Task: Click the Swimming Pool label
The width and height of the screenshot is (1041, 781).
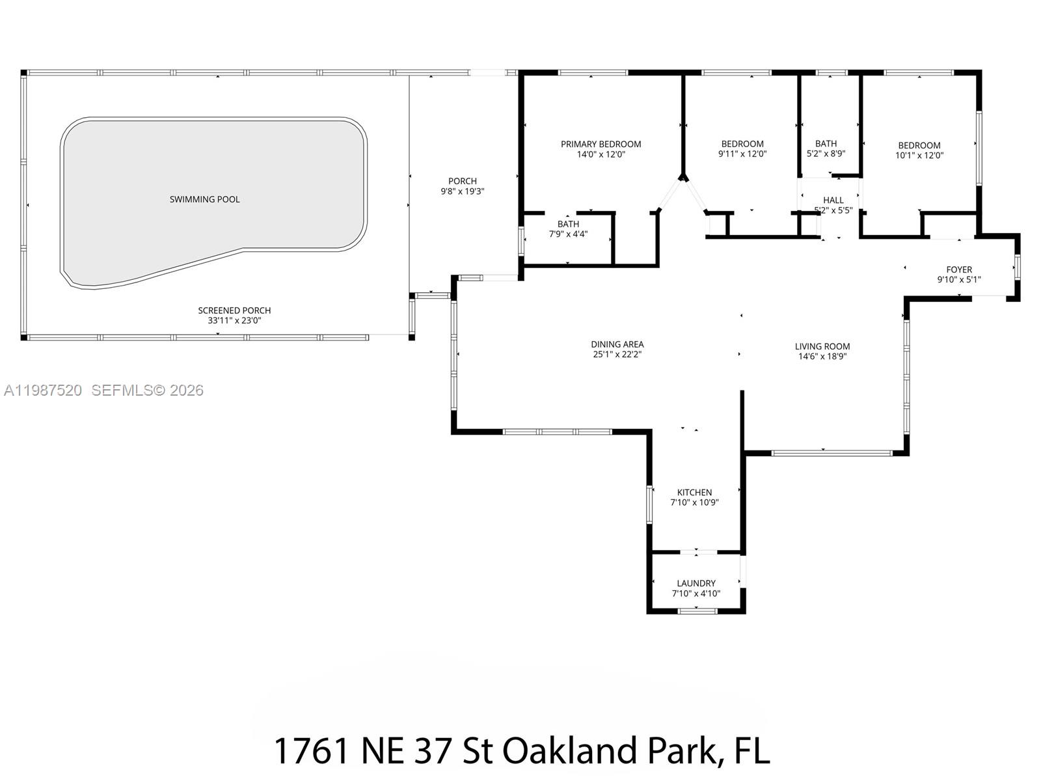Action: coord(204,199)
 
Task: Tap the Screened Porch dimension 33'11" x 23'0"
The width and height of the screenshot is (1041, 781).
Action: coord(234,321)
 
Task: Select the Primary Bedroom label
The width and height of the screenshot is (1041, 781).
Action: coord(601,144)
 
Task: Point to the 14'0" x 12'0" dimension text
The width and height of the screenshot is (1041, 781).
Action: coord(601,155)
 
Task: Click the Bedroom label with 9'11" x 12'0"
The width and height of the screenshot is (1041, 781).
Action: coord(742,144)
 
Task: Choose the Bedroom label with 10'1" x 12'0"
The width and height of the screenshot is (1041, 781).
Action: coord(919,145)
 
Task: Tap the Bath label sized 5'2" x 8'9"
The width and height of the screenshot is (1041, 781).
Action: coord(826,143)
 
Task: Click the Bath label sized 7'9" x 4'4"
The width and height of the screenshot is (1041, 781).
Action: coord(567,224)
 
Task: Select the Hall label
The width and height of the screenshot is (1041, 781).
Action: coord(833,200)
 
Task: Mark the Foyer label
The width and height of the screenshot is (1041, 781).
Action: coord(958,269)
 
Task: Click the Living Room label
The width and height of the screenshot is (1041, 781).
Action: coord(822,346)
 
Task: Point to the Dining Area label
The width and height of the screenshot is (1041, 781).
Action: coord(617,344)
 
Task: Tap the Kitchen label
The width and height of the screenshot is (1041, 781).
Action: coord(694,492)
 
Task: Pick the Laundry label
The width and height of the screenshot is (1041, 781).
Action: coord(696,583)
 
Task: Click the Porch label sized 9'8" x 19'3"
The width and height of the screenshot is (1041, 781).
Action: coord(462,181)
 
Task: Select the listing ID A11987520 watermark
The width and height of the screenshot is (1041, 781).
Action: coord(43,390)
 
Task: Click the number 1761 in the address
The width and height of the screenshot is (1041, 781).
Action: coord(310,751)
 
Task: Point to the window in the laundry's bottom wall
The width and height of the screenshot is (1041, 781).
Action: coord(697,610)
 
